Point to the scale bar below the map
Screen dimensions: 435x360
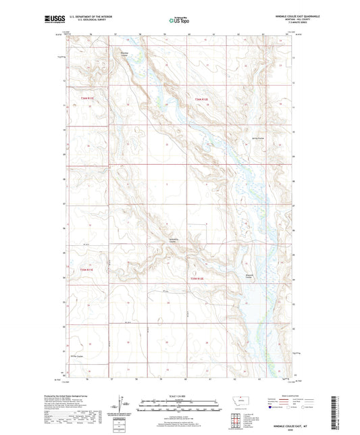click(x=179, y=404)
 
